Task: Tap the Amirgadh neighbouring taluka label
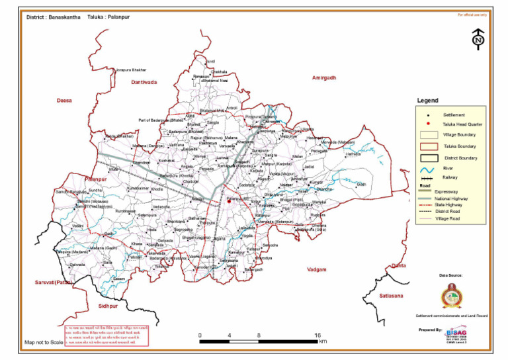324,77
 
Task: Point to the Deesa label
64,100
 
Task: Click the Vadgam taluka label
317,269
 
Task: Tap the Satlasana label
390,295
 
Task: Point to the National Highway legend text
454,199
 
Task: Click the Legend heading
427,101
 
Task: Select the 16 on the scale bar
317,336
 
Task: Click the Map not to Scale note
44,343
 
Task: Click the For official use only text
472,14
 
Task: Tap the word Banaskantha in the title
65,15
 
